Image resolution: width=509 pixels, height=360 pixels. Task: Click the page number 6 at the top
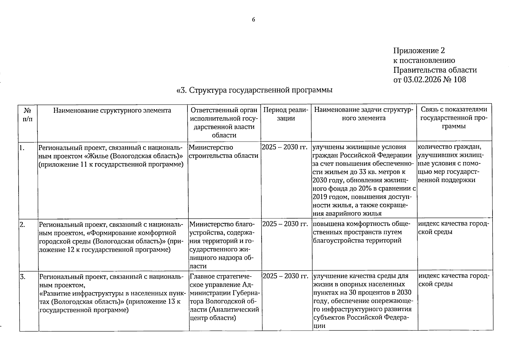click(x=253, y=20)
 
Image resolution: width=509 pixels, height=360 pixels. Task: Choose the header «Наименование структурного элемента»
click(x=112, y=110)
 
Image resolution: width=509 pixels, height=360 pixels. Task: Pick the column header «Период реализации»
click(x=286, y=114)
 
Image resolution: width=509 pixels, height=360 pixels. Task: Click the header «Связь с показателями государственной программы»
click(x=454, y=118)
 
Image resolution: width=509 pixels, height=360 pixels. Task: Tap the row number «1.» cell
click(x=22, y=147)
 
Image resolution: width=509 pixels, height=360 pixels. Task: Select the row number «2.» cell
click(x=22, y=224)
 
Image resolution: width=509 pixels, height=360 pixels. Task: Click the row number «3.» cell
click(x=23, y=276)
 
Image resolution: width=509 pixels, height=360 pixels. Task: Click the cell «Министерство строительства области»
click(x=223, y=151)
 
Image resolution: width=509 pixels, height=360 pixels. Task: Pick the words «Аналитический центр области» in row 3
click(x=224, y=313)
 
